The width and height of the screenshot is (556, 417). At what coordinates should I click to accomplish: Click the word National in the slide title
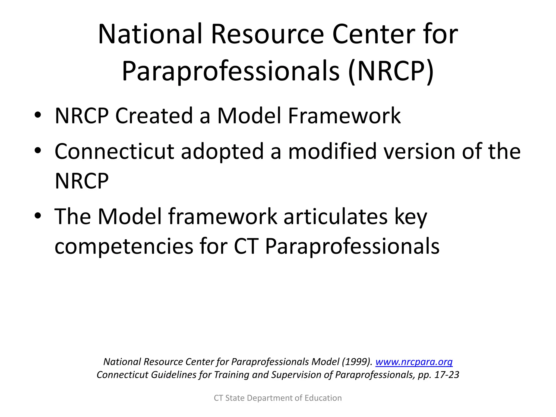tap(150, 34)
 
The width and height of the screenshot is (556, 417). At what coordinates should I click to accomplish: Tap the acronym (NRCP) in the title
tap(391, 71)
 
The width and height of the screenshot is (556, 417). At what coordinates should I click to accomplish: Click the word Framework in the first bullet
tap(344, 116)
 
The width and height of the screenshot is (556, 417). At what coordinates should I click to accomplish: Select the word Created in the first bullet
tap(154, 116)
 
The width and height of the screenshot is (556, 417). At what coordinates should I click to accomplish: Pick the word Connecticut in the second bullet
tap(114, 151)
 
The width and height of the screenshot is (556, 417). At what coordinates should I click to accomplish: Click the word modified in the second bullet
tap(332, 151)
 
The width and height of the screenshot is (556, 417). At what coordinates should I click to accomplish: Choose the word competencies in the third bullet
tap(124, 247)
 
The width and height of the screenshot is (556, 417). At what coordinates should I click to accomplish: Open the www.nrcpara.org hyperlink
tap(414, 362)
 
